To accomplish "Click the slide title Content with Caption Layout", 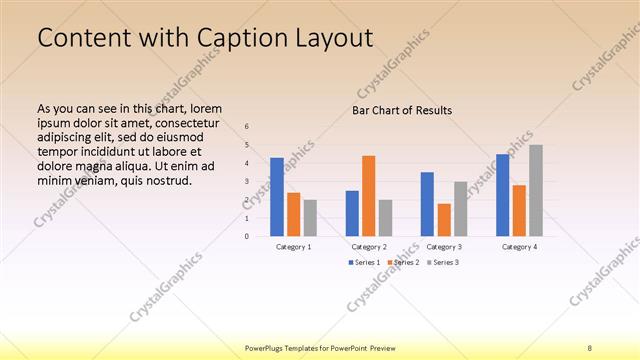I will (x=205, y=39).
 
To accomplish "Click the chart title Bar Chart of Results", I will (x=402, y=110).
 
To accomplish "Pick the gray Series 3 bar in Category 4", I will (x=536, y=191).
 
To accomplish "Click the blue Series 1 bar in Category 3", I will (x=427, y=204).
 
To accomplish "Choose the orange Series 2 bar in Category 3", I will (x=444, y=220).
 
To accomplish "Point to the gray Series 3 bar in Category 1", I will (x=310, y=218).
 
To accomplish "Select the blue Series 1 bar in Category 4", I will (x=502, y=195).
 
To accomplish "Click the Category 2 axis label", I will (x=369, y=246).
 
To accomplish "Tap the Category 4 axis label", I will (x=519, y=246).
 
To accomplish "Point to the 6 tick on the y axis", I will (x=247, y=127).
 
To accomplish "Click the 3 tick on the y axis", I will (x=247, y=182).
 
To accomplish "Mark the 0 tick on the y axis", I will (x=247, y=237).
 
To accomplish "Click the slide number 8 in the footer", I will (x=590, y=348).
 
